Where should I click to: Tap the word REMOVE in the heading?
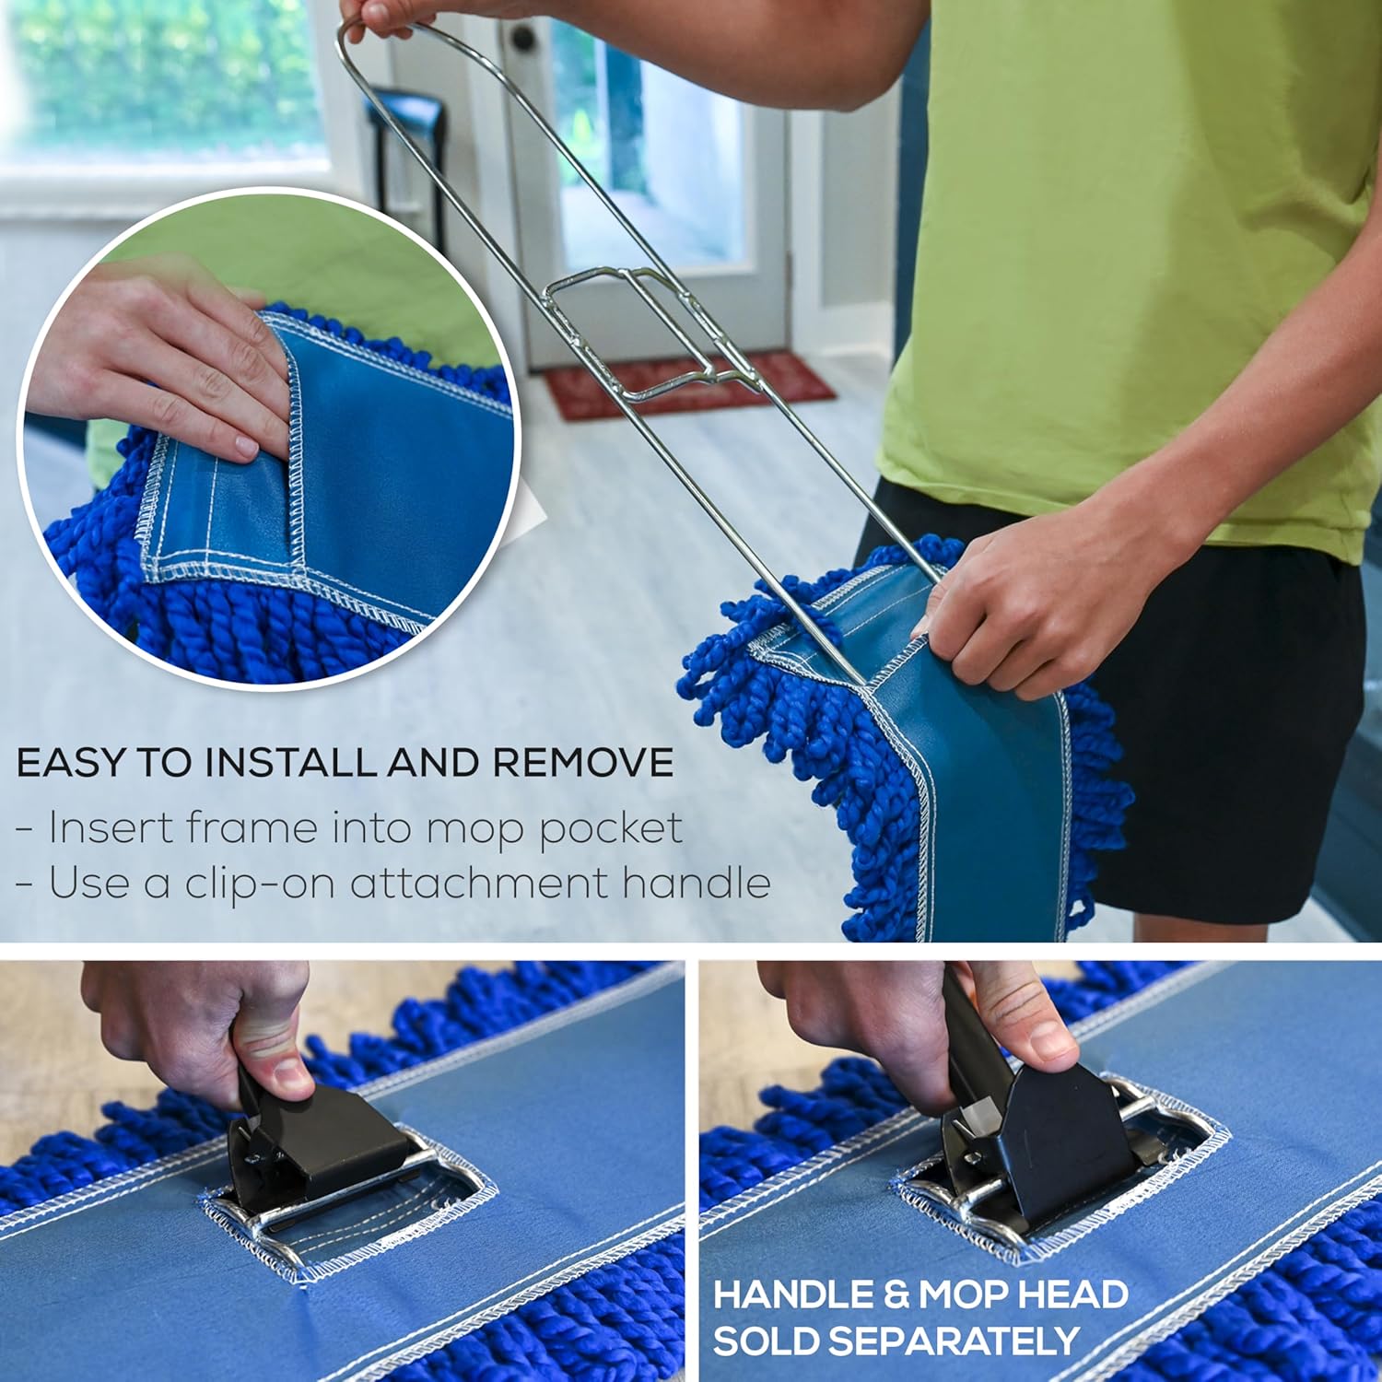click(x=582, y=763)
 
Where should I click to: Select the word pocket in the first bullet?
click(x=610, y=829)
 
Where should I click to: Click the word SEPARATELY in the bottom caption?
click(x=896, y=1341)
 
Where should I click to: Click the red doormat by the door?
click(x=689, y=384)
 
